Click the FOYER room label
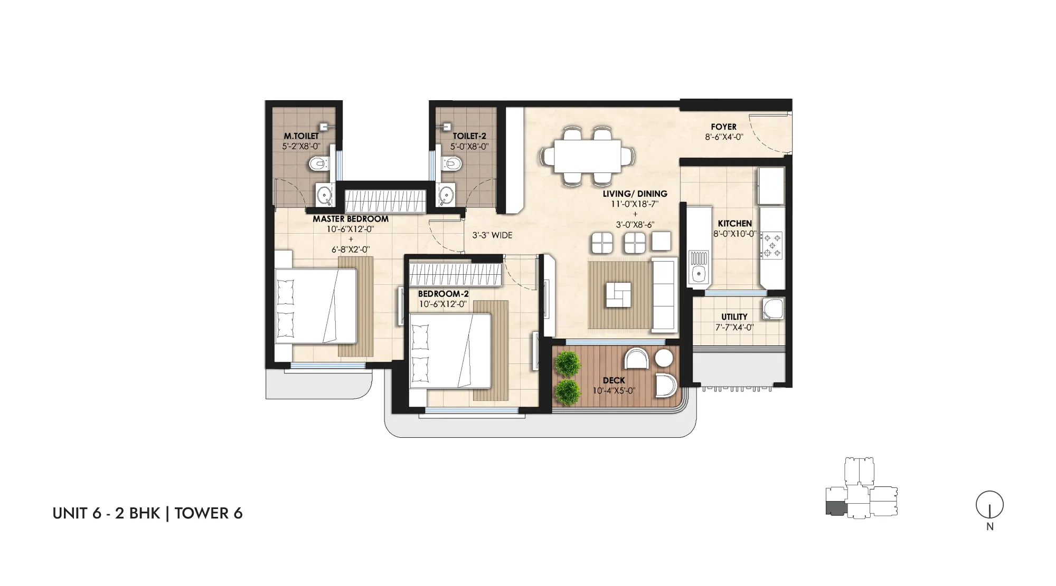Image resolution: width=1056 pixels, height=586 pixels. click(x=723, y=127)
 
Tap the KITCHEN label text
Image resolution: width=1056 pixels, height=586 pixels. click(x=734, y=224)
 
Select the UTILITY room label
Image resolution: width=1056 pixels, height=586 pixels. click(x=734, y=317)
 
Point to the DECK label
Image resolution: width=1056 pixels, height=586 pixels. click(x=614, y=380)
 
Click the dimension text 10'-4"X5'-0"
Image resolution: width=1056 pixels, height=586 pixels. click(x=614, y=391)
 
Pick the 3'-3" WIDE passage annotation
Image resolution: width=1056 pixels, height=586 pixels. click(x=492, y=235)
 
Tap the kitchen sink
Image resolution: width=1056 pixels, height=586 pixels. click(x=699, y=268)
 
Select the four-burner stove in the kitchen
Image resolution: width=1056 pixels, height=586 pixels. click(x=771, y=246)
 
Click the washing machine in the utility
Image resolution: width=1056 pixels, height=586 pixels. click(x=772, y=309)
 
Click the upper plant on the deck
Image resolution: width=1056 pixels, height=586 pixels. click(x=568, y=363)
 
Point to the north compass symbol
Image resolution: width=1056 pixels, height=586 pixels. click(x=989, y=505)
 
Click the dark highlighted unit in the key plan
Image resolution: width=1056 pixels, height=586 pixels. click(x=836, y=507)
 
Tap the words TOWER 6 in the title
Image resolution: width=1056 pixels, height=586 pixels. click(x=209, y=513)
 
